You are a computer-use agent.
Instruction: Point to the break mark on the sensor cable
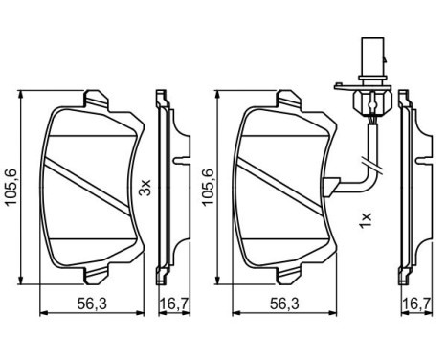(x=373, y=144)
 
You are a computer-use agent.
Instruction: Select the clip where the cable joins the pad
(x=330, y=184)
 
